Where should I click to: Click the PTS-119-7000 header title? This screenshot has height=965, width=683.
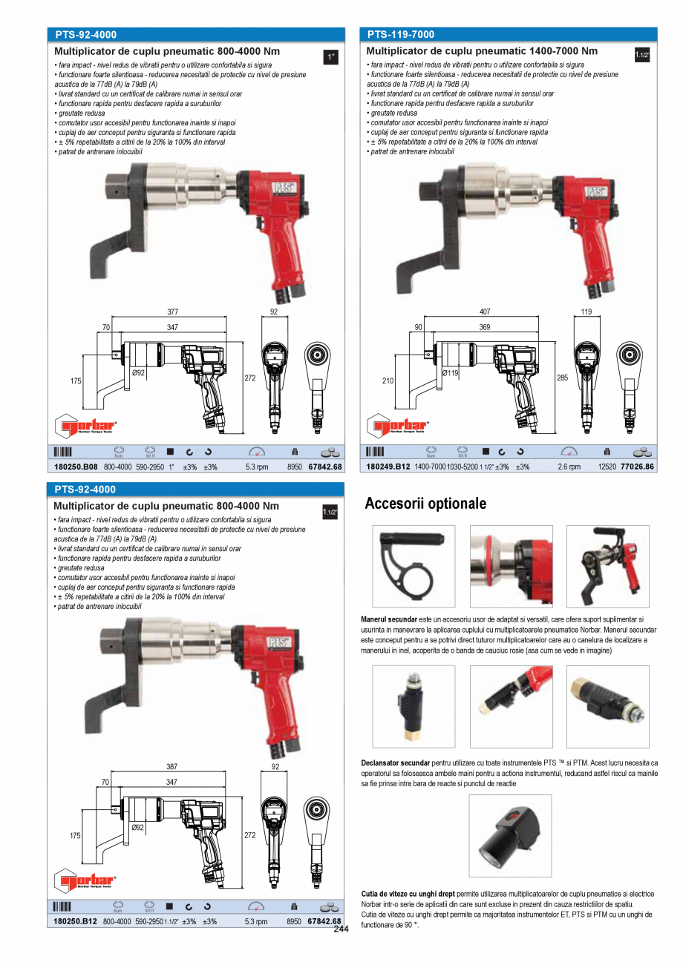click(401, 34)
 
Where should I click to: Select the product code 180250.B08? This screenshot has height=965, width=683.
click(75, 467)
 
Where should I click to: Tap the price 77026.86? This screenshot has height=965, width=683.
click(638, 467)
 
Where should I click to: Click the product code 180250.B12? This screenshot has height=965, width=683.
click(75, 921)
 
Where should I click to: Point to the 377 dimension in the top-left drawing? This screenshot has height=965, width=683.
click(172, 312)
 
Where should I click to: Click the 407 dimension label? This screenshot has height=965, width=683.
click(485, 312)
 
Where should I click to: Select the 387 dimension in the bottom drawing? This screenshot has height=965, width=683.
click(172, 766)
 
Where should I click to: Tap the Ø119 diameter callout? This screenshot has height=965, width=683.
click(450, 372)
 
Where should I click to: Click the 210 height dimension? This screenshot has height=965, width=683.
click(388, 381)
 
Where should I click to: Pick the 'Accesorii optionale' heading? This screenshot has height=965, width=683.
click(425, 504)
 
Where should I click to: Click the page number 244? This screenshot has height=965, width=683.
click(341, 929)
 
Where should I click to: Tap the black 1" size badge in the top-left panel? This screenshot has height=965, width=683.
click(332, 56)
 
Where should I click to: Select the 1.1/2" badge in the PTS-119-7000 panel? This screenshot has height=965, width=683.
click(642, 56)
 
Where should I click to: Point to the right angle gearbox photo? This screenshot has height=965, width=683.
click(510, 835)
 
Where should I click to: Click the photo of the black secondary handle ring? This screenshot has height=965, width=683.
click(414, 566)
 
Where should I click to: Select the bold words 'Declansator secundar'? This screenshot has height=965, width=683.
click(395, 763)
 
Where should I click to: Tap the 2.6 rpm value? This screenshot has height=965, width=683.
click(569, 467)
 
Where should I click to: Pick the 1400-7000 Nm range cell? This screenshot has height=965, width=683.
click(430, 467)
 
